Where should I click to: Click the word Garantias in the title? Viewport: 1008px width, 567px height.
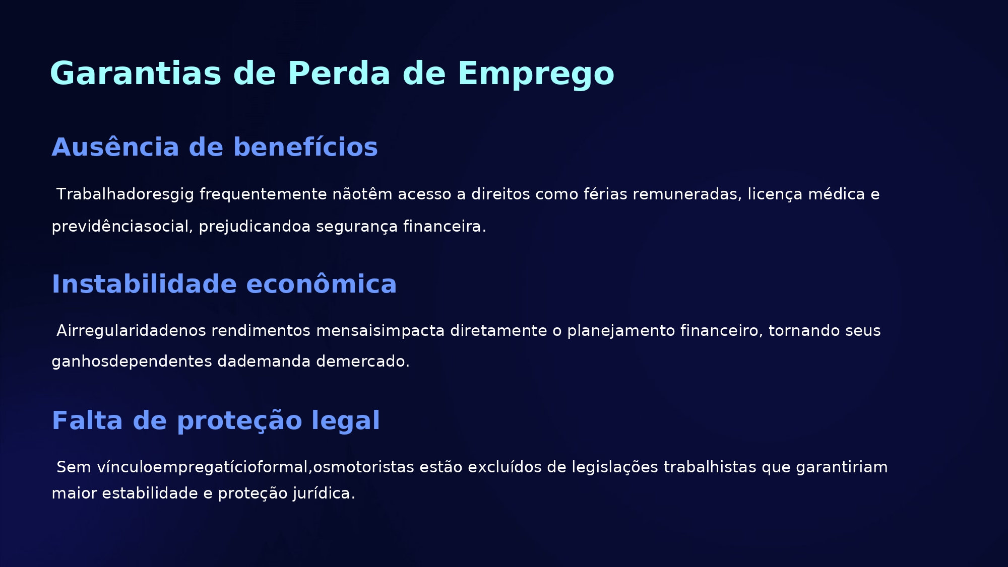[136, 74]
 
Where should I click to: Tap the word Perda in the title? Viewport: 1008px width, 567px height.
[339, 74]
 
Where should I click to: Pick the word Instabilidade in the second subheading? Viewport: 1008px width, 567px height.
[144, 284]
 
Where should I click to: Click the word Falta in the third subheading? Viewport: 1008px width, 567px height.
[87, 420]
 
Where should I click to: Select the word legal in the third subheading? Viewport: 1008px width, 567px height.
[345, 421]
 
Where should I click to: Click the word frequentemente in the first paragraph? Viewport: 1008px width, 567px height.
[263, 194]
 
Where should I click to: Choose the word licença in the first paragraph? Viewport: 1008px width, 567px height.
[775, 195]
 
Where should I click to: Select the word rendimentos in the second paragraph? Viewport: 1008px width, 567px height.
[261, 331]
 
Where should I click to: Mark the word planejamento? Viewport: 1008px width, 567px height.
[621, 331]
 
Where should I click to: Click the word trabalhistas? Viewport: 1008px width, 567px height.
[710, 467]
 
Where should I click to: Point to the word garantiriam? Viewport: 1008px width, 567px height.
[842, 468]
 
